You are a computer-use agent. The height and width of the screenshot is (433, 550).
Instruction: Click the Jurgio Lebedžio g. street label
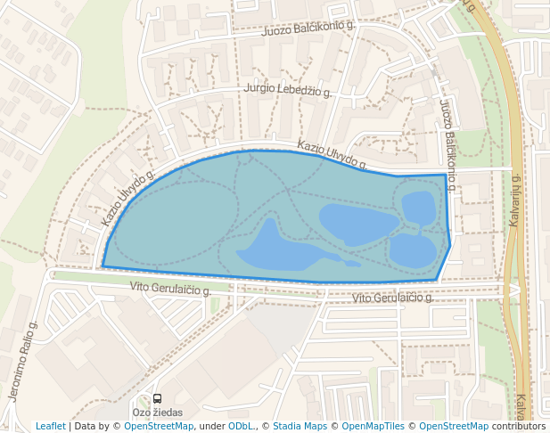point(288,90)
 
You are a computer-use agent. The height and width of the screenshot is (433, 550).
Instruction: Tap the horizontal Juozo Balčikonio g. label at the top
point(309,28)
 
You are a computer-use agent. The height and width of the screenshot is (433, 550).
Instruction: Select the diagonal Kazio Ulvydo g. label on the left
point(127,197)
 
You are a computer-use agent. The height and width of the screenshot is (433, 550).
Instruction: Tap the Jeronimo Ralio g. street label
point(22,362)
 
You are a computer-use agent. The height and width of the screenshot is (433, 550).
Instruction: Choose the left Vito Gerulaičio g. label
point(169,288)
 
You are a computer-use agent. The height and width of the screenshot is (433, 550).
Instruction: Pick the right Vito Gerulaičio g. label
point(392,298)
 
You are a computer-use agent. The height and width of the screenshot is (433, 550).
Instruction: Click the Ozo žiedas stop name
point(157,413)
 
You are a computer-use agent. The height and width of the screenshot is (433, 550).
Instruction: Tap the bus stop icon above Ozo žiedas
point(158,399)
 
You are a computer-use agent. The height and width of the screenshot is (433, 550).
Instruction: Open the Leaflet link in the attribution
point(51,426)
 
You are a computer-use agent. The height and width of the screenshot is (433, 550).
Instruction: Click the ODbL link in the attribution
point(242,426)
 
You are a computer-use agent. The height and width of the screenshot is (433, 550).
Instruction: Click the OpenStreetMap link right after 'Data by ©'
point(158,426)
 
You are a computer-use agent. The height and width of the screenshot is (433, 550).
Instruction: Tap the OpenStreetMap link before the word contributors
point(453,426)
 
